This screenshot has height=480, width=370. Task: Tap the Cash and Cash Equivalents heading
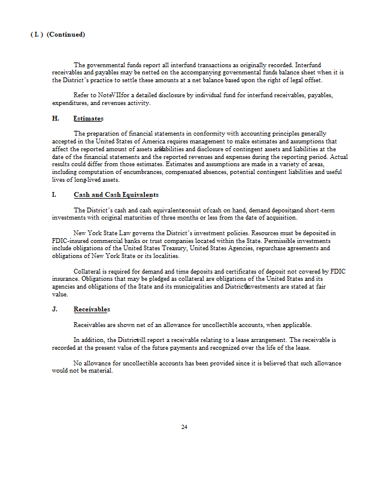coord(116,195)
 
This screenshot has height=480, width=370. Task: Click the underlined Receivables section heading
coord(92,310)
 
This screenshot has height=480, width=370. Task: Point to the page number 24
coord(184,427)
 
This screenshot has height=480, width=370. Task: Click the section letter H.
coord(55,119)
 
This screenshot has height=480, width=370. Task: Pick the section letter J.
coord(54,310)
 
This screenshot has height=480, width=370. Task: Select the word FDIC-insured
coord(72,241)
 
